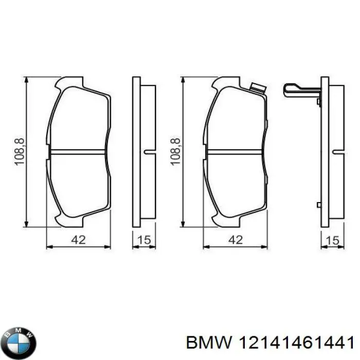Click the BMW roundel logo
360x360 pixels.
20,343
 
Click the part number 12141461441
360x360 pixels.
296,343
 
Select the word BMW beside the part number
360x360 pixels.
209,343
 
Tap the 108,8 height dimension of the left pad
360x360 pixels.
20,152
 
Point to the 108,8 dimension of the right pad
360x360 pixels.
176,152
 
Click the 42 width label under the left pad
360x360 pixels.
79,240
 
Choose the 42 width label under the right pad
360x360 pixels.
236,240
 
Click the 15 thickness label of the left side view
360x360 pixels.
144,240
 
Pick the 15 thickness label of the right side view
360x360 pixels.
332,240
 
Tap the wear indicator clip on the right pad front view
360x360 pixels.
258,88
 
